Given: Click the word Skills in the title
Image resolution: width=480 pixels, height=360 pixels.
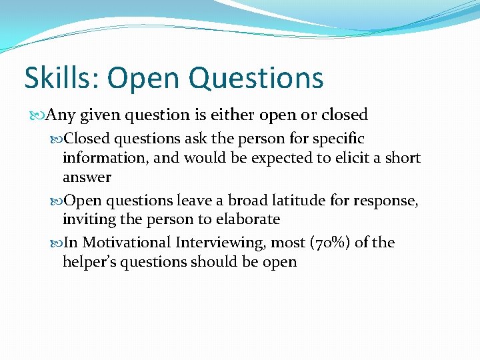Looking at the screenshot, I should point(58,78).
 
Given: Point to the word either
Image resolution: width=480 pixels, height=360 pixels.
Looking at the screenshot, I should point(234,115).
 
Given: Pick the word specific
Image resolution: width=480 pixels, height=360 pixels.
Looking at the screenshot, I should point(340,139).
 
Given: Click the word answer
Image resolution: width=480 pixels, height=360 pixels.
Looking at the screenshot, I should point(87,177).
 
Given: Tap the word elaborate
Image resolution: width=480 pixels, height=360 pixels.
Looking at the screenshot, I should point(248,219).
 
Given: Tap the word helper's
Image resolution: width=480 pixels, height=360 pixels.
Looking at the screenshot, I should point(91,262).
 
